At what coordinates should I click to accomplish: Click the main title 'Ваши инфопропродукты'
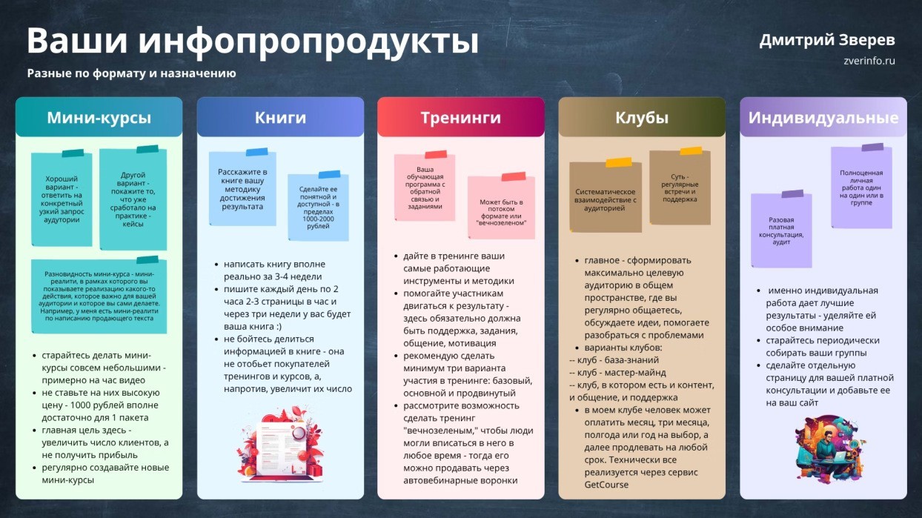pyautogui.click(x=253, y=41)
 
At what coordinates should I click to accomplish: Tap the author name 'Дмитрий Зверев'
pyautogui.click(x=827, y=40)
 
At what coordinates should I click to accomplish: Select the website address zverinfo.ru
pyautogui.click(x=869, y=61)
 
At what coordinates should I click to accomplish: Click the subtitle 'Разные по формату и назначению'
pyautogui.click(x=132, y=73)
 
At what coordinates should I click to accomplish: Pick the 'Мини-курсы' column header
pyautogui.click(x=99, y=117)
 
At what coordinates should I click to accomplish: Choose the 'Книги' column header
pyautogui.click(x=280, y=117)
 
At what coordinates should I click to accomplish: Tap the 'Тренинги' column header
pyautogui.click(x=460, y=117)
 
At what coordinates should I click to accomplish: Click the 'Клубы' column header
pyautogui.click(x=642, y=117)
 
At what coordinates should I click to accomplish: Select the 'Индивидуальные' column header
pyautogui.click(x=823, y=117)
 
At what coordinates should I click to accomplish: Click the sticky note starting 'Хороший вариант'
pyautogui.click(x=62, y=199)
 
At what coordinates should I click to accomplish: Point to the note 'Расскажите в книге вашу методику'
pyautogui.click(x=242, y=189)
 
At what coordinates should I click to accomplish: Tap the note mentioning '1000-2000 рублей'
pyautogui.click(x=318, y=207)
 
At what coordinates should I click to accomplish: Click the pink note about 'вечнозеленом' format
pyautogui.click(x=501, y=207)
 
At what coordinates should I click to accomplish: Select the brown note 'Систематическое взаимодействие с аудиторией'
pyautogui.click(x=606, y=197)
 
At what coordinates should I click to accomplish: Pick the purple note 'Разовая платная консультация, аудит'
pyautogui.click(x=781, y=230)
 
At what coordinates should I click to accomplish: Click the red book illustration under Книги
pyautogui.click(x=280, y=445)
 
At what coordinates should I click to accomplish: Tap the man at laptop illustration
pyautogui.click(x=828, y=448)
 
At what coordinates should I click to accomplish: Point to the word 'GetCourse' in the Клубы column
pyautogui.click(x=606, y=485)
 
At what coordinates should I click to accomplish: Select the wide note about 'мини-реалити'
pyautogui.click(x=99, y=296)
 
